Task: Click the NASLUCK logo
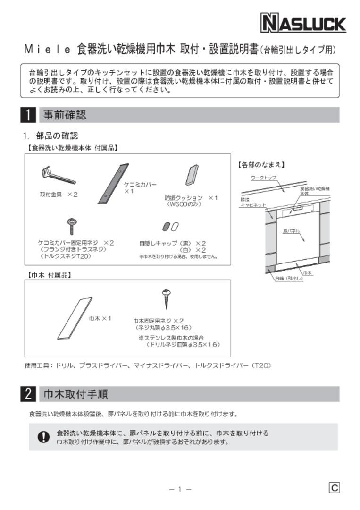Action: [x=303, y=23]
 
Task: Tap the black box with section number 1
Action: [x=28, y=115]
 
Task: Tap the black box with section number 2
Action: [x=28, y=394]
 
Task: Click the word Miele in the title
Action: [x=47, y=49]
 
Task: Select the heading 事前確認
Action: [x=65, y=115]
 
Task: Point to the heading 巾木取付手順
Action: [x=75, y=394]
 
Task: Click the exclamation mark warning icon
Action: [x=43, y=437]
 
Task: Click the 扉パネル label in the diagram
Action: [x=291, y=231]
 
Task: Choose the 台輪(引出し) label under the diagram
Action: [x=289, y=279]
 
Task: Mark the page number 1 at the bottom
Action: [x=180, y=489]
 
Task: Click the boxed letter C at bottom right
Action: [x=334, y=488]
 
